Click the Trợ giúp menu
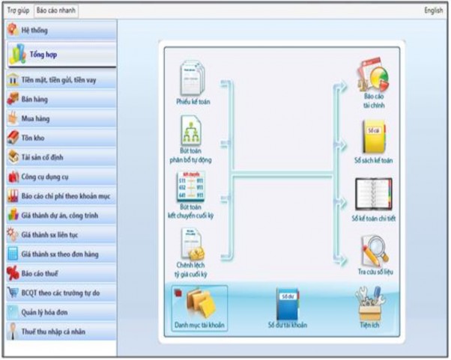tap(17, 10)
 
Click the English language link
tap(433, 10)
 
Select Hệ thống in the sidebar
tap(60, 30)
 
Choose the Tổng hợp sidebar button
tap(60, 55)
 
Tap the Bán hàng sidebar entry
tap(60, 98)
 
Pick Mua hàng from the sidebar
tap(60, 118)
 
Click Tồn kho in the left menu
tap(60, 137)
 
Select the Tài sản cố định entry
tap(60, 157)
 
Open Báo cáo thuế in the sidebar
tap(60, 273)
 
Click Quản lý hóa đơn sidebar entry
tap(60, 312)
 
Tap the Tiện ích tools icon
tap(369, 305)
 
